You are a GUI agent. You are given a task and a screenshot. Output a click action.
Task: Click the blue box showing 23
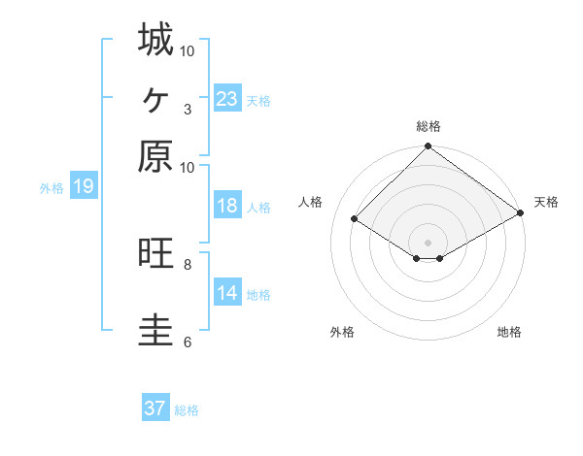(x=227, y=99)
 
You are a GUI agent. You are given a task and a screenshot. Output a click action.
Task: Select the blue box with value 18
(x=227, y=206)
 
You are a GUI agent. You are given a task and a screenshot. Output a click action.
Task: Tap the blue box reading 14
(x=227, y=293)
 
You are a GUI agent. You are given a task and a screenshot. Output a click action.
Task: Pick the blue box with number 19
(x=84, y=186)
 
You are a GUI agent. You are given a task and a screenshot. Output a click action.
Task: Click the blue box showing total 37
(x=155, y=408)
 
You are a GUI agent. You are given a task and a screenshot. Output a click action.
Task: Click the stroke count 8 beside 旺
(x=187, y=263)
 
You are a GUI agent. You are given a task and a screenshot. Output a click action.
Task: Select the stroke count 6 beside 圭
(x=187, y=341)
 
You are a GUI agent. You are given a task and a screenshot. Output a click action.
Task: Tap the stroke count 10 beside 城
(x=187, y=49)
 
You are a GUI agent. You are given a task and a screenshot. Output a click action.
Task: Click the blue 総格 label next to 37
(x=187, y=410)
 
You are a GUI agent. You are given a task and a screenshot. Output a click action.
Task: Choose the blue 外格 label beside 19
(x=51, y=188)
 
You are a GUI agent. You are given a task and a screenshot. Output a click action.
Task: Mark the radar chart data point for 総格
(x=428, y=147)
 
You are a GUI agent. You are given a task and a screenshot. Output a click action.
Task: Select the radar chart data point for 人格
(x=355, y=219)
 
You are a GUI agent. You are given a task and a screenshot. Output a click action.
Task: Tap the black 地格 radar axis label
(x=509, y=332)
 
